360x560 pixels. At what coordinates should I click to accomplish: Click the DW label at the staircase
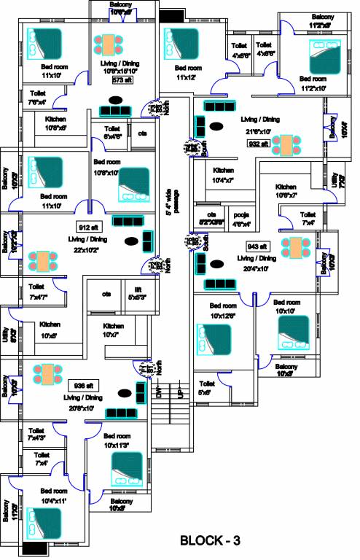(160, 393)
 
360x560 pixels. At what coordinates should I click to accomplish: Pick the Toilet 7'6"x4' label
(36, 98)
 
